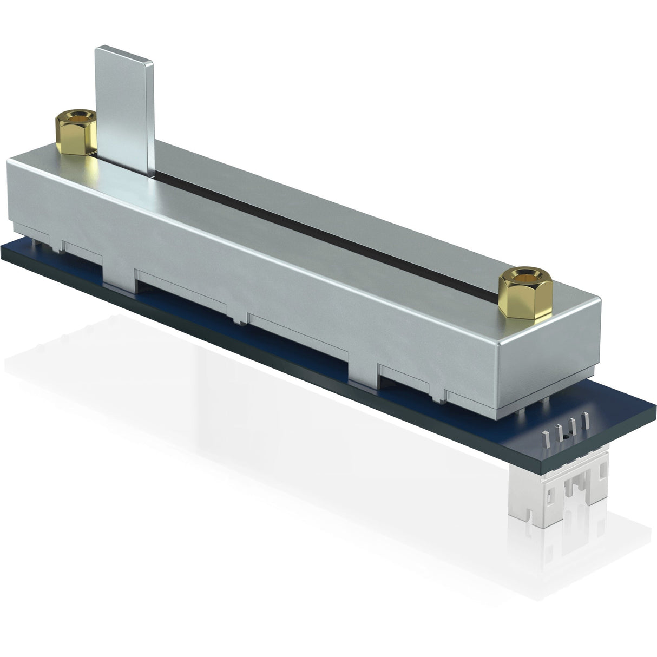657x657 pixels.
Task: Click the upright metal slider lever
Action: [124, 108]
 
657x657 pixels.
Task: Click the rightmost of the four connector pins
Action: [583, 419]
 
